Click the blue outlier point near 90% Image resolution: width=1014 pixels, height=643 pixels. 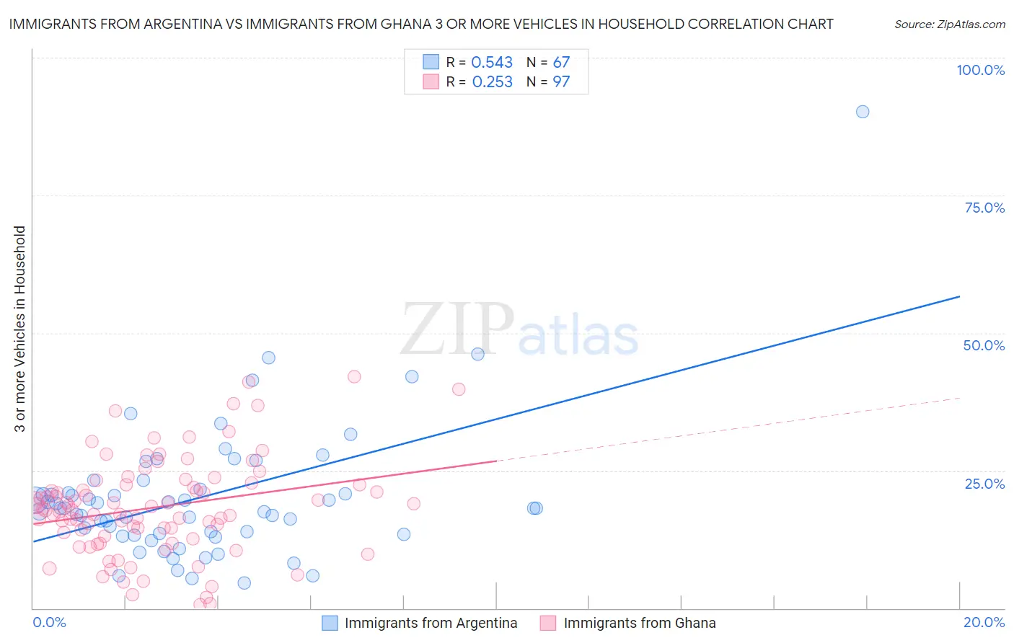862,112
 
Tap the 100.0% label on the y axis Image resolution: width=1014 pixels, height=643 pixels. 980,70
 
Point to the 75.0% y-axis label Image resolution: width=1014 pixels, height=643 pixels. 984,208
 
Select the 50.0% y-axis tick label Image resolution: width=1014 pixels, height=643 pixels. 984,345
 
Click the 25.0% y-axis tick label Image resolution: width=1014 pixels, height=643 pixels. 984,484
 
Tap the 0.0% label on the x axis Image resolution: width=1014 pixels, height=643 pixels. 49,622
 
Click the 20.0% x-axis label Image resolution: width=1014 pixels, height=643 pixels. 984,622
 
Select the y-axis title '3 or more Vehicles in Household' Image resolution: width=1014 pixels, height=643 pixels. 19,329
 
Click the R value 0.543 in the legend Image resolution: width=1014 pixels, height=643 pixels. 492,63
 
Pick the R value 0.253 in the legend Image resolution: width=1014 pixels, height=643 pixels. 492,82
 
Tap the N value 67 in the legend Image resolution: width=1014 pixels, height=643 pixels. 561,63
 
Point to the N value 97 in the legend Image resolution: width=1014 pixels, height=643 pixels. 561,82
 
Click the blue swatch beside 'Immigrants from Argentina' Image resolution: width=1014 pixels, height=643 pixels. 330,623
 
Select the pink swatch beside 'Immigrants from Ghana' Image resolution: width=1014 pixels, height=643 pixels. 548,623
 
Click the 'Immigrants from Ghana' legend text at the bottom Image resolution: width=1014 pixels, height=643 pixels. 640,623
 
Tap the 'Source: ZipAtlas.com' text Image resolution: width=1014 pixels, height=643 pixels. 949,25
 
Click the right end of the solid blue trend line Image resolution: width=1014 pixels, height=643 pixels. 959,296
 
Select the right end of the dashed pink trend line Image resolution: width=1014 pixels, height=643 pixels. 959,398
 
